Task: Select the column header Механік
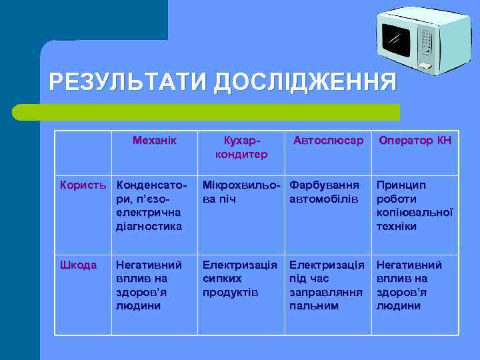click(x=155, y=141)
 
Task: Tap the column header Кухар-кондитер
click(x=241, y=148)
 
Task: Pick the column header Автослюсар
click(x=328, y=141)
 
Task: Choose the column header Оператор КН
click(x=415, y=141)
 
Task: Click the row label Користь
click(x=84, y=185)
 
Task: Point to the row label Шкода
click(x=79, y=265)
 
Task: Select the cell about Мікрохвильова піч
click(x=241, y=192)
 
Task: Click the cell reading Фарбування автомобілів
click(x=325, y=192)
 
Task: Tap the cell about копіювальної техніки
click(x=415, y=205)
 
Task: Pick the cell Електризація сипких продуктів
click(x=240, y=279)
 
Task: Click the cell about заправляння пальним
click(x=327, y=285)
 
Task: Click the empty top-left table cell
click(x=84, y=152)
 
